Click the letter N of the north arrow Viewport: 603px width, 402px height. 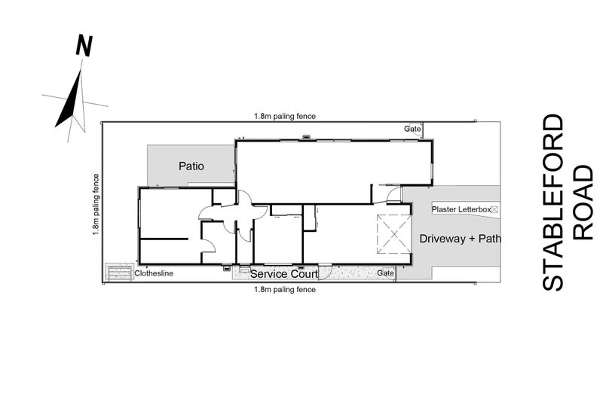[84, 46]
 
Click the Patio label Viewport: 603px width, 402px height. [191, 166]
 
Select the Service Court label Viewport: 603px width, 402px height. [284, 274]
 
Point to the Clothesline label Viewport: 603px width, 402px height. [154, 273]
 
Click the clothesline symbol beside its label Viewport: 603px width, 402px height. [119, 273]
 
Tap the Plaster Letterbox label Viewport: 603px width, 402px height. [461, 209]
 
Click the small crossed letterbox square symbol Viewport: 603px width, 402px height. [494, 209]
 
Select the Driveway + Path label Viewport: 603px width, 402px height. [460, 239]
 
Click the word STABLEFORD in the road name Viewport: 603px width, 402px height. [553, 203]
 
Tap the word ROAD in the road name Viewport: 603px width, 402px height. [583, 203]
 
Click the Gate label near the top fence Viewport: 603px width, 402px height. [412, 129]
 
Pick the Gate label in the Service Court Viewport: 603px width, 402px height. [385, 273]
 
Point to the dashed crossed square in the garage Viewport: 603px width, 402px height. [394, 234]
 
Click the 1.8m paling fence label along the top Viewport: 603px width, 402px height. [285, 116]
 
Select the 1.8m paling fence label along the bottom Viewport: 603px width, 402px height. [285, 289]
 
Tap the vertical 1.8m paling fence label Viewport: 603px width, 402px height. [96, 204]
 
